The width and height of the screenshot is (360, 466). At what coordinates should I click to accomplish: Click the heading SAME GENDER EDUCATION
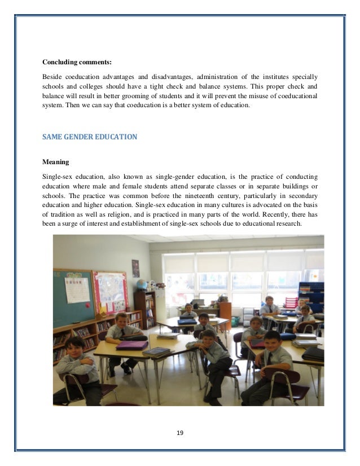(86, 136)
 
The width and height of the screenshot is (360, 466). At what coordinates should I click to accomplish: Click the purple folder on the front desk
(131, 345)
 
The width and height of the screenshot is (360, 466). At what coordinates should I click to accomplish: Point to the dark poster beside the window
(135, 268)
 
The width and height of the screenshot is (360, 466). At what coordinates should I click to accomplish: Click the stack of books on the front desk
(156, 351)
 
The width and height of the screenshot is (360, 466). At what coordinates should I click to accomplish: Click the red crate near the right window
(291, 302)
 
